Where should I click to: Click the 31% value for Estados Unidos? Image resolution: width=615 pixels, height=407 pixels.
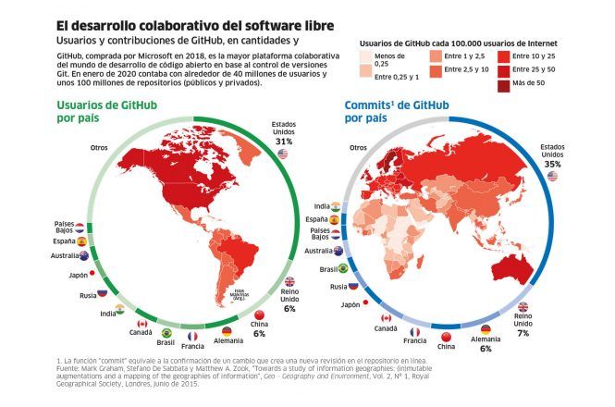pyautogui.click(x=284, y=142)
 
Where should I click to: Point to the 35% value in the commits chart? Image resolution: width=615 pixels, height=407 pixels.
pyautogui.click(x=553, y=163)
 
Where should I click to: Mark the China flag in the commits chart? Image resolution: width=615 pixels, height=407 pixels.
pyautogui.click(x=447, y=335)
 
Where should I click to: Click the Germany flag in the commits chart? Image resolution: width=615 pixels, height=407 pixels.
pyautogui.click(x=486, y=329)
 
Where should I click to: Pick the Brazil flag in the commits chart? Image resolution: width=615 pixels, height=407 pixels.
pyautogui.click(x=342, y=268)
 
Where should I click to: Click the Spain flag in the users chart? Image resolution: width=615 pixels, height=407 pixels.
pyautogui.click(x=81, y=241)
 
